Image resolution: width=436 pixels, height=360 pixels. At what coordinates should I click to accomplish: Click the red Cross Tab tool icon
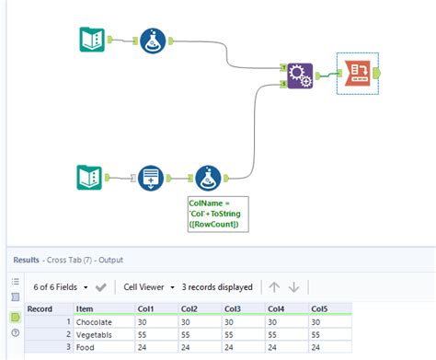point(356,72)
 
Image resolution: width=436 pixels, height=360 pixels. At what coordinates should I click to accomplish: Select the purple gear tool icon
point(298,75)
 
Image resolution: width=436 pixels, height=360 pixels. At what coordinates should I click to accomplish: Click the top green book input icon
point(93,41)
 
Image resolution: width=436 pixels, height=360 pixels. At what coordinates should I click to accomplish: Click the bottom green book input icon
point(93,177)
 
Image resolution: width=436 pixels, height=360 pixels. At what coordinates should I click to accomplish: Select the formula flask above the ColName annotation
point(210,177)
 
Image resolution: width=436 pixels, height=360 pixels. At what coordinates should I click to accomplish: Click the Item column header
point(85,308)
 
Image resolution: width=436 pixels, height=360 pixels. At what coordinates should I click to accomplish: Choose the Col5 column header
point(320,308)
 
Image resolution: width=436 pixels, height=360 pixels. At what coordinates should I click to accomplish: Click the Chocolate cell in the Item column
point(94,322)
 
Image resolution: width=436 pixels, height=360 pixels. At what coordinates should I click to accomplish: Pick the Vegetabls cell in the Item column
point(94,336)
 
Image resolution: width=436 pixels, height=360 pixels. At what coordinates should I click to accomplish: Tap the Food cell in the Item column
point(85,350)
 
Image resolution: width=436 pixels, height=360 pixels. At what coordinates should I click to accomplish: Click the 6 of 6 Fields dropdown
point(63,286)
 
